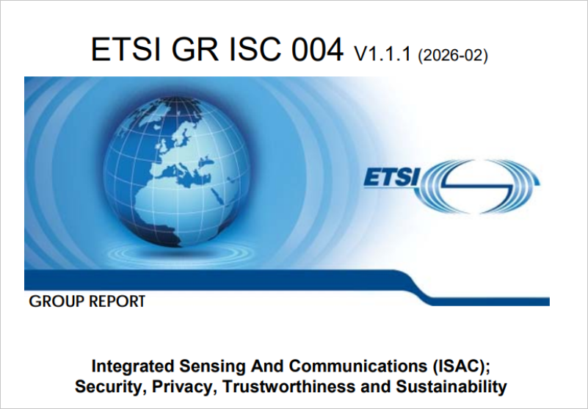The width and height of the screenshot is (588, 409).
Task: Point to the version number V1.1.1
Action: pyautogui.click(x=383, y=54)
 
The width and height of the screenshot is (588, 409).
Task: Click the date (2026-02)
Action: pyautogui.click(x=453, y=55)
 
